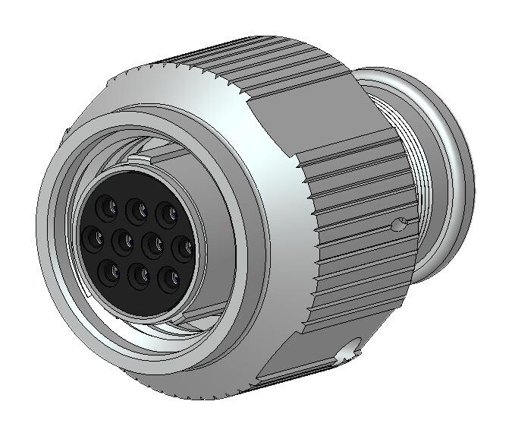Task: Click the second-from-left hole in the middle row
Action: [121, 242]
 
